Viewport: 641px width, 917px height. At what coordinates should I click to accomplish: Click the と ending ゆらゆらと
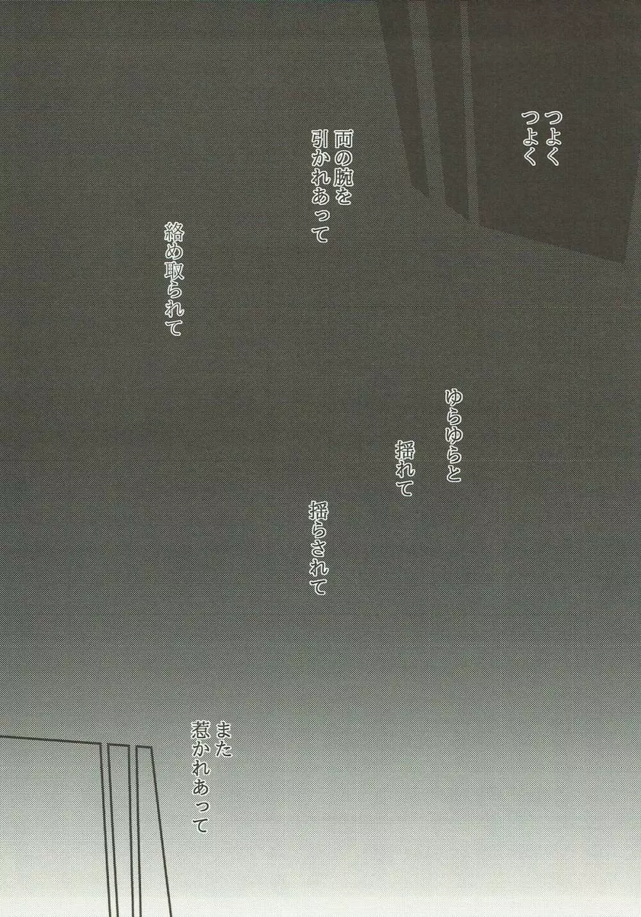coord(454,475)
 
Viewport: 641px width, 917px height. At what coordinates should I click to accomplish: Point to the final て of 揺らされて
coord(319,586)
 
